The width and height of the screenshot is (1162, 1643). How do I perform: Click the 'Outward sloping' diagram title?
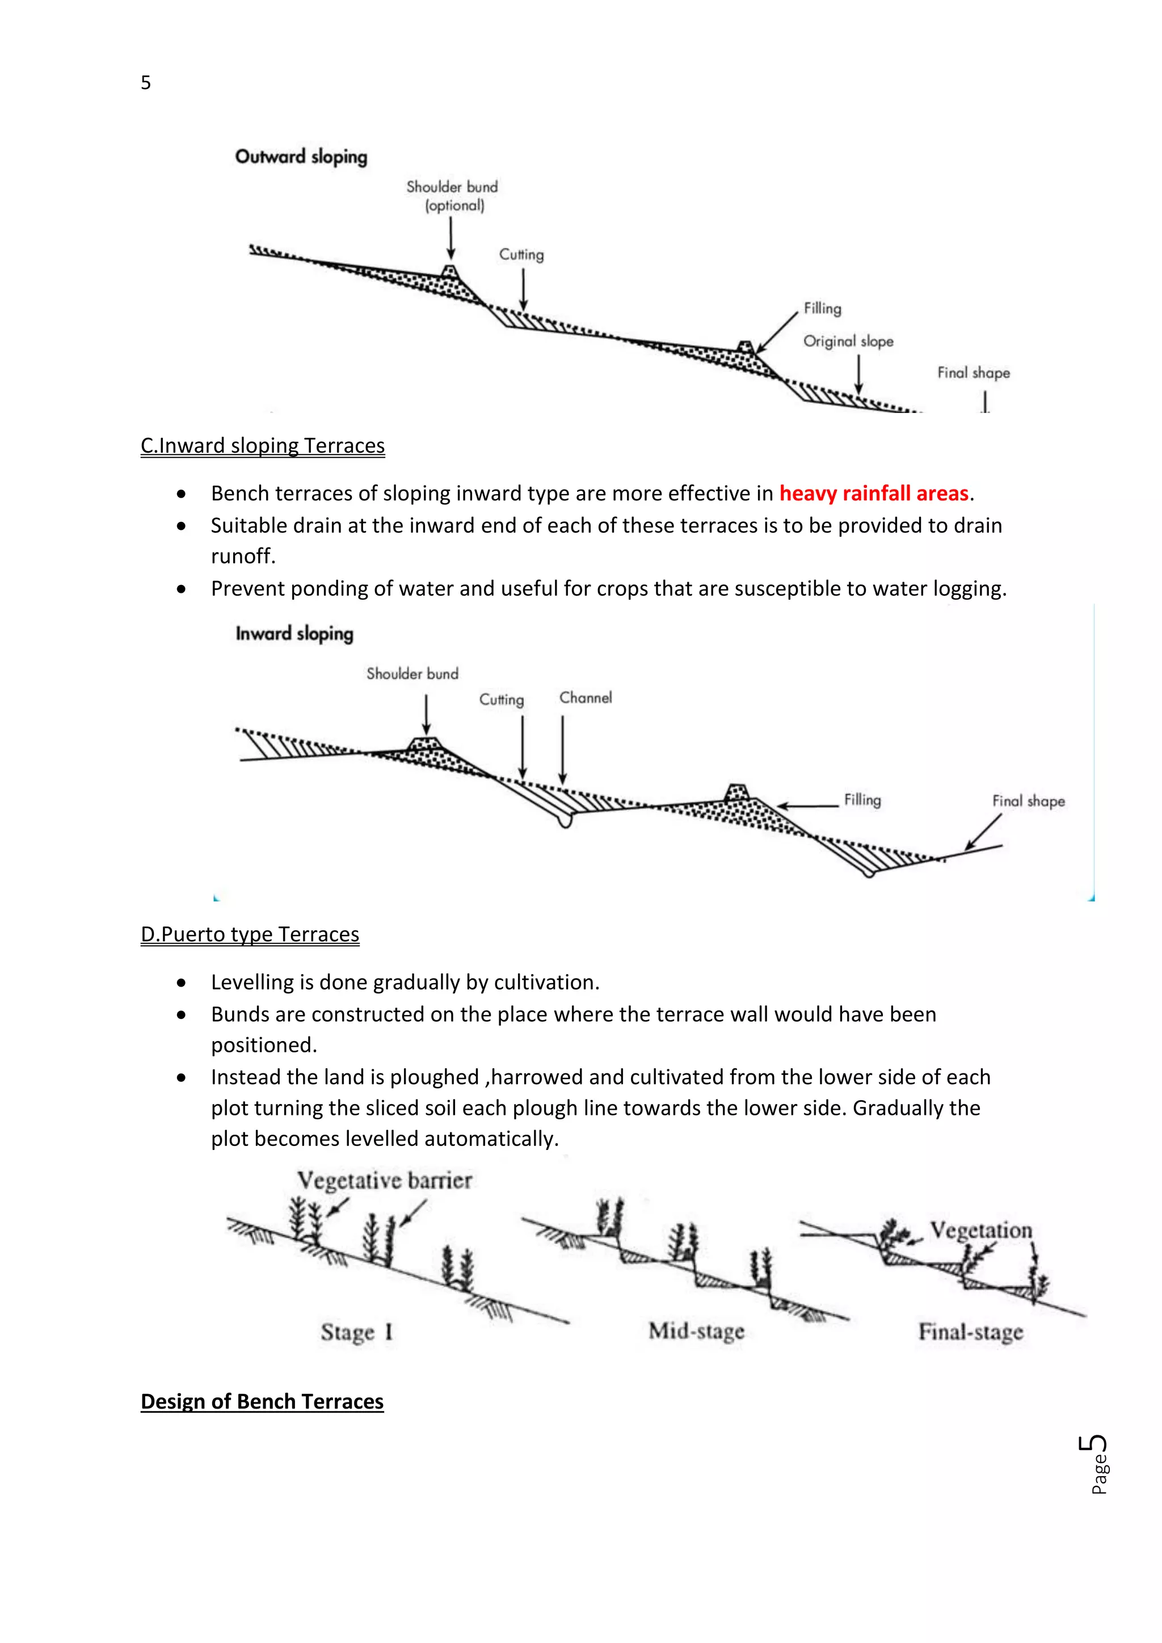click(301, 157)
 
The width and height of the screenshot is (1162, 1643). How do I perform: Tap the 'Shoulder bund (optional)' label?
click(452, 195)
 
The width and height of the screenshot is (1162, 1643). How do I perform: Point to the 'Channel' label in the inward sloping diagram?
click(586, 698)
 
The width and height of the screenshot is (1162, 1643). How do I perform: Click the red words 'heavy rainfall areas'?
click(873, 493)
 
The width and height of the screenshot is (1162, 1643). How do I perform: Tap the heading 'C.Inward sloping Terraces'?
click(263, 446)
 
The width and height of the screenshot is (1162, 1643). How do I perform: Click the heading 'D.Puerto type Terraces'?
click(250, 934)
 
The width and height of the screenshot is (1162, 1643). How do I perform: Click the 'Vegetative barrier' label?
click(384, 1180)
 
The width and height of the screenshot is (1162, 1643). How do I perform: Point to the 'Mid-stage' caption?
click(696, 1331)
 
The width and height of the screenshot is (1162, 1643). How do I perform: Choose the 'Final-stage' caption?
click(970, 1332)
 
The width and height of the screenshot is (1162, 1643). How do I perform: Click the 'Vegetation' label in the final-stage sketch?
click(981, 1230)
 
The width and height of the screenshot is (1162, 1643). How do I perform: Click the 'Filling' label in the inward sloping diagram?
click(862, 799)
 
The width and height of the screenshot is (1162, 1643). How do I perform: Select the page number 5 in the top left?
click(146, 83)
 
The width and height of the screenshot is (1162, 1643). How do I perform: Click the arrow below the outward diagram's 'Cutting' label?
click(523, 289)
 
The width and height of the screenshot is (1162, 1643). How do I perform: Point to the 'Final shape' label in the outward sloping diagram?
click(973, 373)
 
